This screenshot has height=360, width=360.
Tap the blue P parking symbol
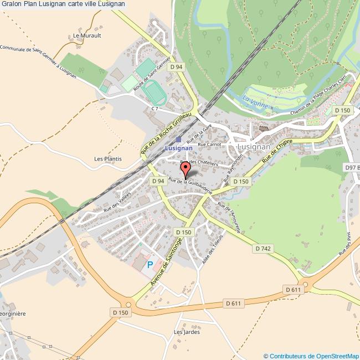coord(150,265)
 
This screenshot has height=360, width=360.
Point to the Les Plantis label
coord(107,159)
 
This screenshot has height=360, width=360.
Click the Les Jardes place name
coord(186,332)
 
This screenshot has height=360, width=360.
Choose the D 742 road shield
coord(264,249)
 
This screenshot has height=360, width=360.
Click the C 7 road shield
coord(155,109)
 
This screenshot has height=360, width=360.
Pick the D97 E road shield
coord(351,167)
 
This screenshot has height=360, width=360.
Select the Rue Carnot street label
coord(209,144)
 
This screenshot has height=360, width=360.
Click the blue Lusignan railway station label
coord(178,148)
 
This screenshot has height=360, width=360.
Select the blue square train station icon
coord(178,139)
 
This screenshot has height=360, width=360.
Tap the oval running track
coord(153,92)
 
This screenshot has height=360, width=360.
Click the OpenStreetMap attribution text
coord(311,356)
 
